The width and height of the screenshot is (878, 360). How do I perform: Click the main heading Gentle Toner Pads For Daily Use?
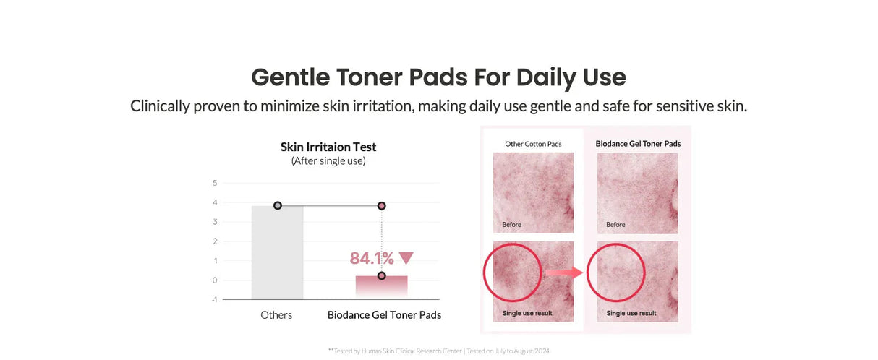(x=438, y=77)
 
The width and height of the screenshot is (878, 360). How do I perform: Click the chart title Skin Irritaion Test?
(x=328, y=147)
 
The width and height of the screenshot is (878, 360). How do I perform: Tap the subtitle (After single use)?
(x=328, y=160)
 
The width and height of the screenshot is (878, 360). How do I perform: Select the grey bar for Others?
(x=277, y=253)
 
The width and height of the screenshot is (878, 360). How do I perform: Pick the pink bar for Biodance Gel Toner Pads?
(x=381, y=286)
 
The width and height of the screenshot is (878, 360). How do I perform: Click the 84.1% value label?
(x=372, y=258)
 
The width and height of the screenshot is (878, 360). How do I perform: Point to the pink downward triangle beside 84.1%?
(x=406, y=258)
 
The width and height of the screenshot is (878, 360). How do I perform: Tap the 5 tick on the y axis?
(x=215, y=183)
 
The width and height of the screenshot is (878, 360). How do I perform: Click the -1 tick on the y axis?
(x=214, y=299)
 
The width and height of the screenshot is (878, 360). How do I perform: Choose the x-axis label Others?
(x=276, y=314)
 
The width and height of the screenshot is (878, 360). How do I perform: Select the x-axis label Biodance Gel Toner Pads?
(x=384, y=314)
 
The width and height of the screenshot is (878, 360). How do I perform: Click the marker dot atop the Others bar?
(x=278, y=205)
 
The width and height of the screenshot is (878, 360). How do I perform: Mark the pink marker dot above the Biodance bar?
(x=381, y=206)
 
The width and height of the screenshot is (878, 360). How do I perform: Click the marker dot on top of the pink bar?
(x=381, y=275)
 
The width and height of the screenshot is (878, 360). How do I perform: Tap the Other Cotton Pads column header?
(x=533, y=144)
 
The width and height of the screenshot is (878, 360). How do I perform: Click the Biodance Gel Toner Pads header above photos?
(x=638, y=143)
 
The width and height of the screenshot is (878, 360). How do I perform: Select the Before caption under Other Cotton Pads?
(x=512, y=224)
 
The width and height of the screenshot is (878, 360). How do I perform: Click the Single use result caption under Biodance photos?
(x=631, y=313)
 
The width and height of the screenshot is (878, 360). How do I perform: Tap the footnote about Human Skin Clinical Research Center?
(x=438, y=351)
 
